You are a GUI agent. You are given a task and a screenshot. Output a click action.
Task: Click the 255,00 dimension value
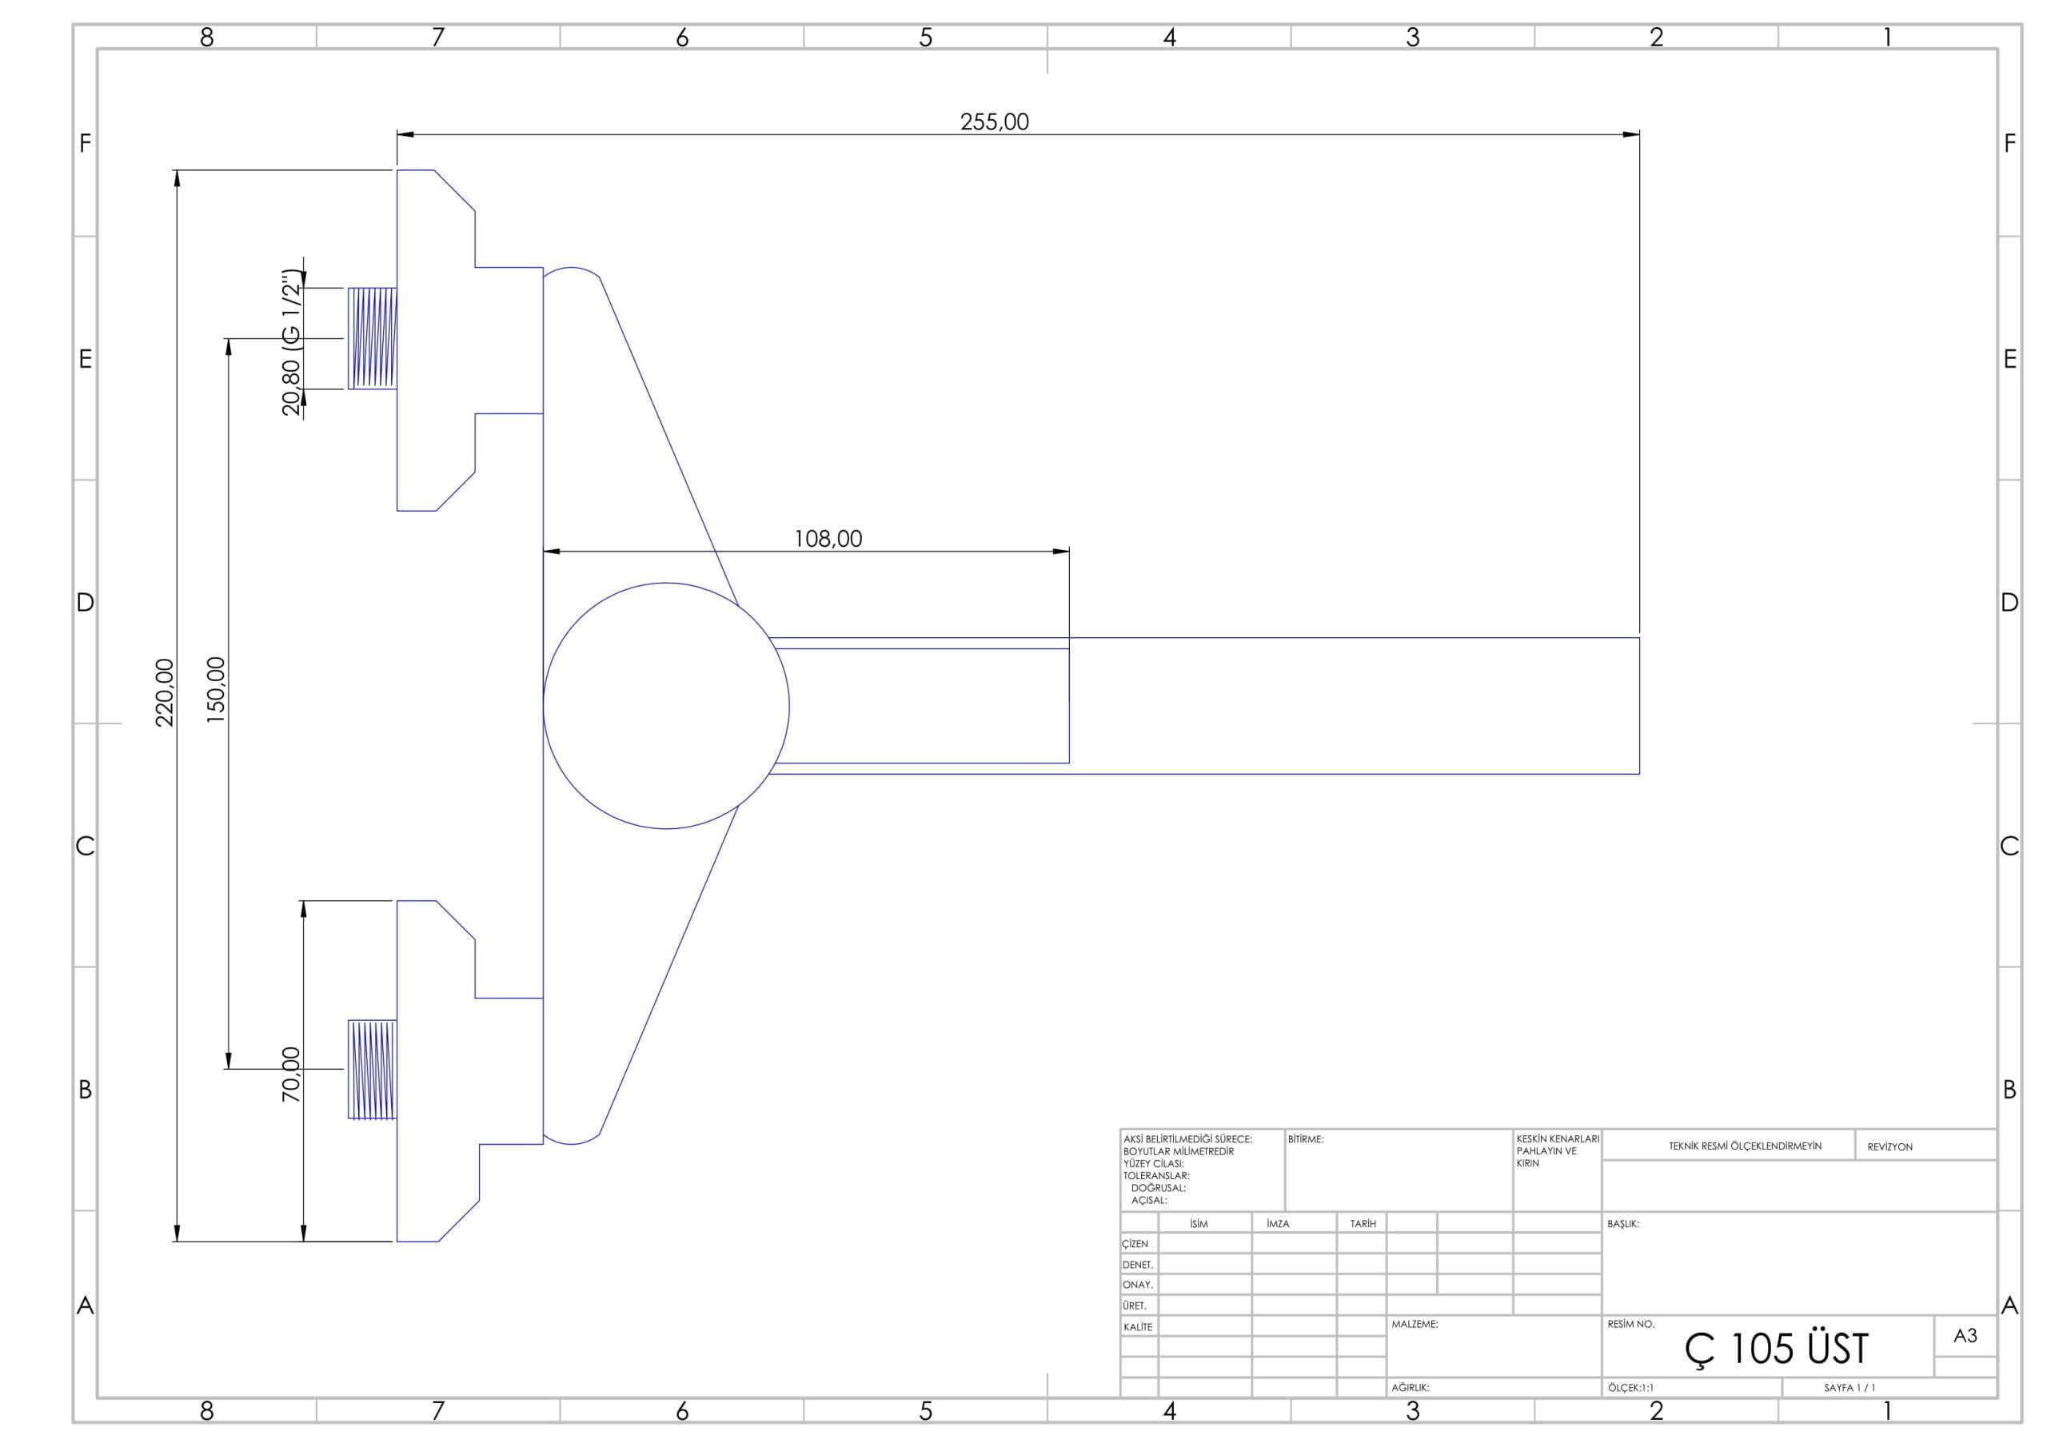pos(994,122)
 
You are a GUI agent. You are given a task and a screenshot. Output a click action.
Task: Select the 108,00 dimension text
pos(828,539)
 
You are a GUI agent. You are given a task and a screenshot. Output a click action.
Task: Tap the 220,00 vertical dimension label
pos(165,693)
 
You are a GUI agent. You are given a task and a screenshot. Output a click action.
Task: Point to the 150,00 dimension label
pos(216,689)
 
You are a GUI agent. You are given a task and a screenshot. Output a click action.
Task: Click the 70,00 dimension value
pos(292,1074)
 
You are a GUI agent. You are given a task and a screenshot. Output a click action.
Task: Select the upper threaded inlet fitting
pos(373,339)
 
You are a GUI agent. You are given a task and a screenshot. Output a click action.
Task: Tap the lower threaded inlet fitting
pos(373,1069)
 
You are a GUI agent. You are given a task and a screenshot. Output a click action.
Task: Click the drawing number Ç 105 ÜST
pos(1776,1349)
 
